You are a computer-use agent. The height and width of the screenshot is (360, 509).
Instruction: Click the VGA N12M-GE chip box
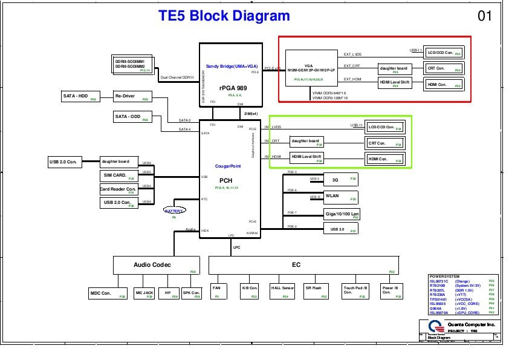pyautogui.click(x=311, y=67)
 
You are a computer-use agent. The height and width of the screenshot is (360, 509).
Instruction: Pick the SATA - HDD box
pyautogui.click(x=80, y=96)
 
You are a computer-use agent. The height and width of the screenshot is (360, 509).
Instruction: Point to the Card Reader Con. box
pyautogui.click(x=118, y=189)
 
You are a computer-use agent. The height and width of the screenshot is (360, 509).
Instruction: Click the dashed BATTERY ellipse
pyautogui.click(x=175, y=211)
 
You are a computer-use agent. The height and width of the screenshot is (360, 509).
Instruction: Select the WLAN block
pyautogui.click(x=341, y=196)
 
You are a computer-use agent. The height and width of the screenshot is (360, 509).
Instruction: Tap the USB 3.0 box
pyautogui.click(x=341, y=229)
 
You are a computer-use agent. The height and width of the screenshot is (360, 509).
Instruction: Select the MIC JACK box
pyautogui.click(x=144, y=293)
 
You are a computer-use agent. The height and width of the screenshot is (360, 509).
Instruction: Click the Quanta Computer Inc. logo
pyautogui.click(x=428, y=326)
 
